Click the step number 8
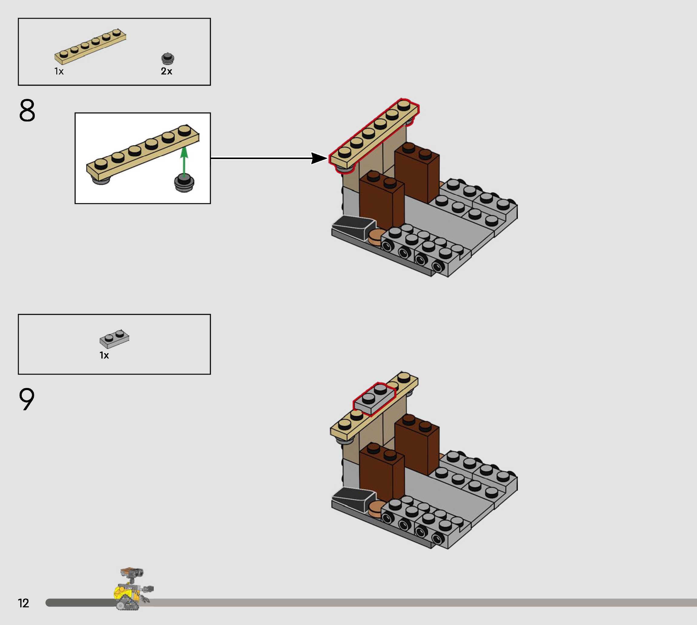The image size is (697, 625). [27, 110]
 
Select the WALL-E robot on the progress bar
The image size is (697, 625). [132, 589]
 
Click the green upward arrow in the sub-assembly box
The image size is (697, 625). [184, 161]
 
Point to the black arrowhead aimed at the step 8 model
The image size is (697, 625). [319, 158]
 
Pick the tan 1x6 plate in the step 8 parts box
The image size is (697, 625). [90, 47]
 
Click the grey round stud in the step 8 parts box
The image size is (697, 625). [168, 59]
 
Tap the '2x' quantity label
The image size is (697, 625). [166, 71]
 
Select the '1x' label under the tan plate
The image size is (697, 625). [59, 71]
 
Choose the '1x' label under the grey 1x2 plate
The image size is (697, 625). [104, 355]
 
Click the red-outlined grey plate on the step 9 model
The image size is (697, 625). [375, 399]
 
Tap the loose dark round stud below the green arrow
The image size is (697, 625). [184, 183]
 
